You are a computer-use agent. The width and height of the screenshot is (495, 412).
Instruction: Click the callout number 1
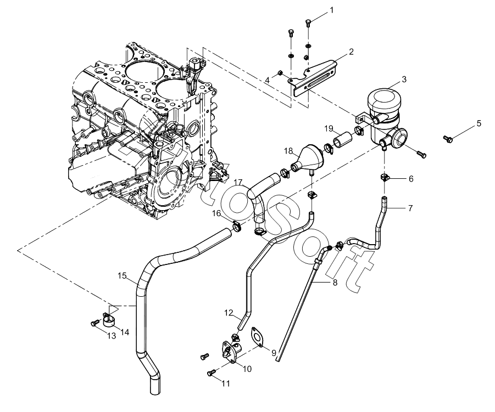pyautogui.click(x=331, y=10)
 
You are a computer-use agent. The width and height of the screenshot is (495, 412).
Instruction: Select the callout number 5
pyautogui.click(x=479, y=123)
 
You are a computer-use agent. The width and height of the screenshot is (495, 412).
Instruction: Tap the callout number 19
pyautogui.click(x=329, y=128)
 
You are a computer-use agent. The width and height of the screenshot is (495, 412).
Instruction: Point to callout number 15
pyautogui.click(x=122, y=276)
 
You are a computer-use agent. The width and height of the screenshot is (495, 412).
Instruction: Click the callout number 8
pyautogui.click(x=335, y=282)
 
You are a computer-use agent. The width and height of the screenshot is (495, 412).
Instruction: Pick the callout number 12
pyautogui.click(x=229, y=313)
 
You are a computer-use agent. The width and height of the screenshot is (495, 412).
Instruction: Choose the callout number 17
pyautogui.click(x=238, y=182)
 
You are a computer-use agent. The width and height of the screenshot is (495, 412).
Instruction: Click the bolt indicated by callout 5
pyautogui.click(x=448, y=138)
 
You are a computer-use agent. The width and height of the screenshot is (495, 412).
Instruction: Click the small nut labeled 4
pyautogui.click(x=280, y=74)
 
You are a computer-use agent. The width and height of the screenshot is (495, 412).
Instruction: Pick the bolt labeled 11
pyautogui.click(x=211, y=374)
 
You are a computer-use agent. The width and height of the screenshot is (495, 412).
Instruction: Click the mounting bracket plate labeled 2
pyautogui.click(x=314, y=79)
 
